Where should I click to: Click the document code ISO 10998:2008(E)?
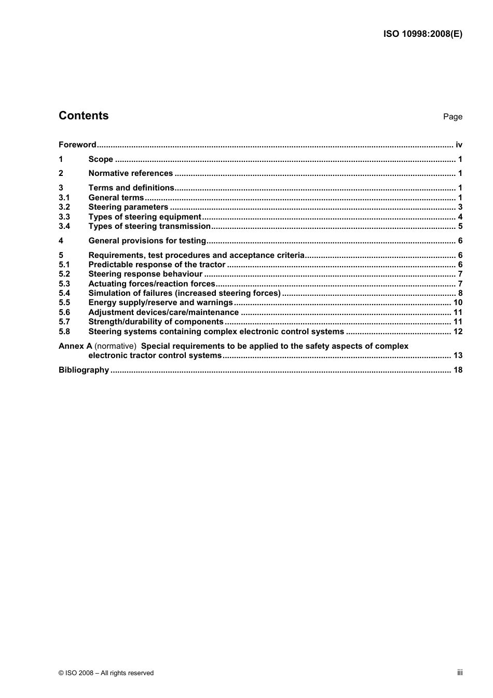[422, 34]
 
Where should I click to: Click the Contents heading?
[84, 116]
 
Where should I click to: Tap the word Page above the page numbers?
[453, 117]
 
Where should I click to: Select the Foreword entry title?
[77, 145]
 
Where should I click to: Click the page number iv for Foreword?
[459, 145]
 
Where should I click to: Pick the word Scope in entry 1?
[101, 159]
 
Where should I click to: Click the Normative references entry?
[131, 173]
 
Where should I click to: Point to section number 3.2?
[64, 207]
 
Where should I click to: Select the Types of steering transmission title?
[149, 226]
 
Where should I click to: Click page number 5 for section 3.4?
[460, 226]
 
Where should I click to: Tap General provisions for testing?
[147, 241]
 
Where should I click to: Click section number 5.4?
[64, 293]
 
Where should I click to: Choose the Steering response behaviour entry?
[145, 274]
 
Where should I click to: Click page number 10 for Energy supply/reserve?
[458, 303]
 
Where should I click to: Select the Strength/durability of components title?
[156, 322]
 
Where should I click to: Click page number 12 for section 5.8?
[458, 332]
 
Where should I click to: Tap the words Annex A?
[75, 346]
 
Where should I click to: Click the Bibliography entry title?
[84, 370]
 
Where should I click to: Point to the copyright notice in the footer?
[106, 673]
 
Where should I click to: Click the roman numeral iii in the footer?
[460, 673]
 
